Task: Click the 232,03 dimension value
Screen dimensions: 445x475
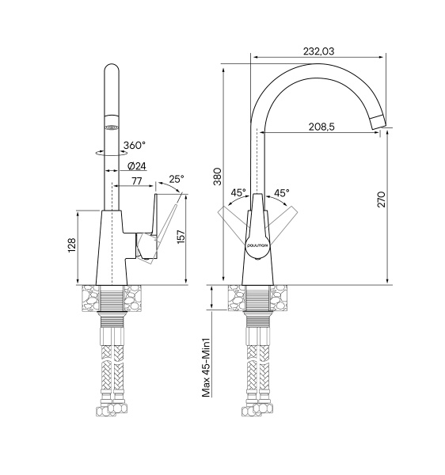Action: [x=318, y=51]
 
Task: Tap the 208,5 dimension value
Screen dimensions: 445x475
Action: [x=321, y=127]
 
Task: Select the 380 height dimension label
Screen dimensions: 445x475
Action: [x=218, y=177]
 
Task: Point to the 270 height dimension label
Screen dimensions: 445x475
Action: [x=382, y=199]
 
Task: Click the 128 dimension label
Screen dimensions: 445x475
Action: [x=72, y=245]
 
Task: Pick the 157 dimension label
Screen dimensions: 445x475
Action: [x=181, y=237]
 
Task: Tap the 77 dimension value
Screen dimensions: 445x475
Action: [x=137, y=180]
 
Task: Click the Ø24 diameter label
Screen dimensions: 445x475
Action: [x=137, y=166]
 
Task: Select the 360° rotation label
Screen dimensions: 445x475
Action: [x=134, y=145]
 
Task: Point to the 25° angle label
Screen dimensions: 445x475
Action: [x=177, y=180]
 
